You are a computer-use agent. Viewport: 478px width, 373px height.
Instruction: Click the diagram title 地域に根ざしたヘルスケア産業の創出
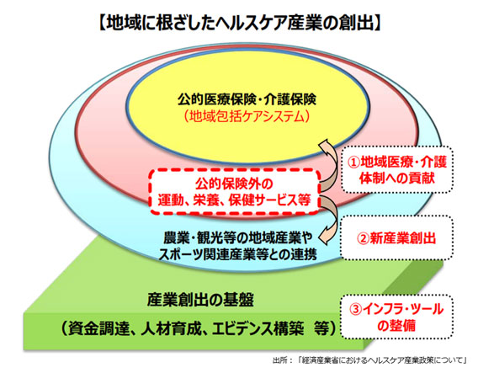pos(240,23)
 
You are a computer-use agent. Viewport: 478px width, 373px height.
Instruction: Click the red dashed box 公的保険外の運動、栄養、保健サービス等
pos(235,192)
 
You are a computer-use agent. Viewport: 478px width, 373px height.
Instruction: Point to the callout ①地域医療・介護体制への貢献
pos(397,169)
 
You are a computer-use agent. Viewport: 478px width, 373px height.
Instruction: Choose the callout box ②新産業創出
pos(397,238)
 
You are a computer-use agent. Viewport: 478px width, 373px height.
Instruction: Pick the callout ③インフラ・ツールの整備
pos(397,317)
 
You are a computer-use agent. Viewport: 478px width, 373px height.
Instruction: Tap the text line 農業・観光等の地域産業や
pos(238,238)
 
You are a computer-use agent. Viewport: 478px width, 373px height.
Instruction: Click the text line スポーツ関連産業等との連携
pos(237,254)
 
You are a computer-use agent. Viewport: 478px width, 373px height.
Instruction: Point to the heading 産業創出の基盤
pos(200,300)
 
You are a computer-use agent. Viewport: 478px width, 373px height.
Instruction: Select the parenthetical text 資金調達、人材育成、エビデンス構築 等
pos(199,328)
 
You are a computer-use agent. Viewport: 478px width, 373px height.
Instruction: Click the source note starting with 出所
pos(369,360)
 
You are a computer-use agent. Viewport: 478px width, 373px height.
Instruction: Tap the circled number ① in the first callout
pos(353,163)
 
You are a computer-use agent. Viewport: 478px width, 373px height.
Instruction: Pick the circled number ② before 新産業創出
pos(363,238)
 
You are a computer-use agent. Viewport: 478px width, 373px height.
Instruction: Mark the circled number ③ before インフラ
pos(355,310)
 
